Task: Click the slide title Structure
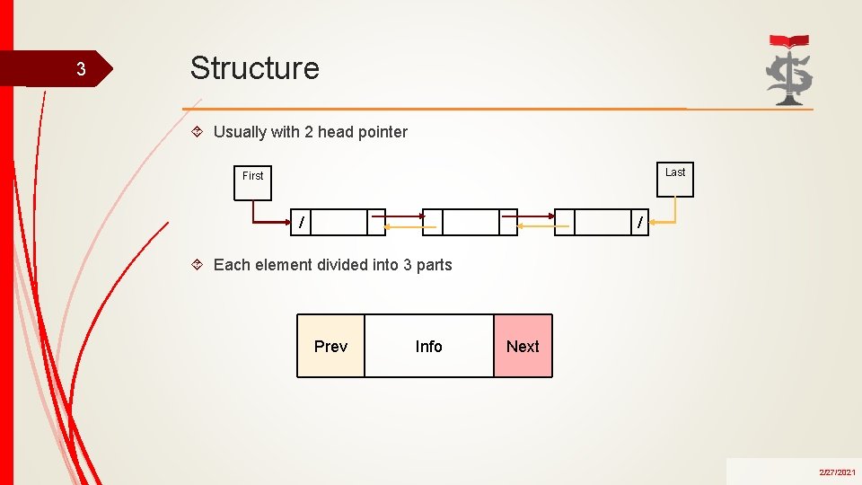coord(254,68)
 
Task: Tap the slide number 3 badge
coord(81,69)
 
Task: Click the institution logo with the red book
coord(789,70)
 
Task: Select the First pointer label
coord(252,176)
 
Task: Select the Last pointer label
coord(675,172)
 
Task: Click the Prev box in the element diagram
coord(330,346)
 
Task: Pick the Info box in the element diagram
coord(428,346)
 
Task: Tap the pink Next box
coord(523,346)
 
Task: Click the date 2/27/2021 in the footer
coord(836,472)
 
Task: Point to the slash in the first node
coord(302,222)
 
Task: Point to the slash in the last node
coord(639,222)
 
